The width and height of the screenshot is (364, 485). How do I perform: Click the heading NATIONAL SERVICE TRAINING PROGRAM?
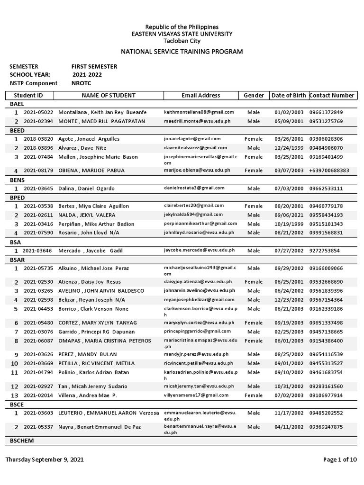pos(182,51)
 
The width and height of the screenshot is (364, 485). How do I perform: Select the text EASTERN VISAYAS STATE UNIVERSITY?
pos(182,34)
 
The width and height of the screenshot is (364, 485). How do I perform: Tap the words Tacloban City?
pos(182,41)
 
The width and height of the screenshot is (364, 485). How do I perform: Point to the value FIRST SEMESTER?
pos(94,67)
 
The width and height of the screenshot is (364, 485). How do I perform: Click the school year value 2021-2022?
pos(87,75)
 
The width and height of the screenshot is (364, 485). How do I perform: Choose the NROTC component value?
pos(82,83)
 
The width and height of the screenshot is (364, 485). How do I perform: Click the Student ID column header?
pos(31,95)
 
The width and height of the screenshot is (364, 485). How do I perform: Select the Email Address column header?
pos(200,95)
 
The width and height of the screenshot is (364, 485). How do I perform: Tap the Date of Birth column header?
pos(288,95)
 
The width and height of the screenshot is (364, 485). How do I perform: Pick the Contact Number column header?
pos(332,95)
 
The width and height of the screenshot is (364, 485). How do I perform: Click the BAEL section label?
pos(17,104)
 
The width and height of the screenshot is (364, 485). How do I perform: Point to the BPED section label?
pos(17,198)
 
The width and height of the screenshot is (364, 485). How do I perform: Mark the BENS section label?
pos(17,180)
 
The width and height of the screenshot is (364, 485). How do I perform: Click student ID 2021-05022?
pos(38,112)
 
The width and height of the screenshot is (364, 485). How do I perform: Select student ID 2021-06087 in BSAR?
pos(38,341)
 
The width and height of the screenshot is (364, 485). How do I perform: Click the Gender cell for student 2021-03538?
pos(253,206)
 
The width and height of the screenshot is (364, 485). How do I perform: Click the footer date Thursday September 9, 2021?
pos(45,459)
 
